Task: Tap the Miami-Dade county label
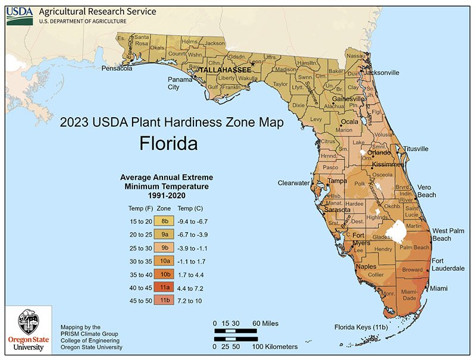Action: [x=408, y=295]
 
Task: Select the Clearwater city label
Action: [x=294, y=183]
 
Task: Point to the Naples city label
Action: [x=366, y=267]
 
